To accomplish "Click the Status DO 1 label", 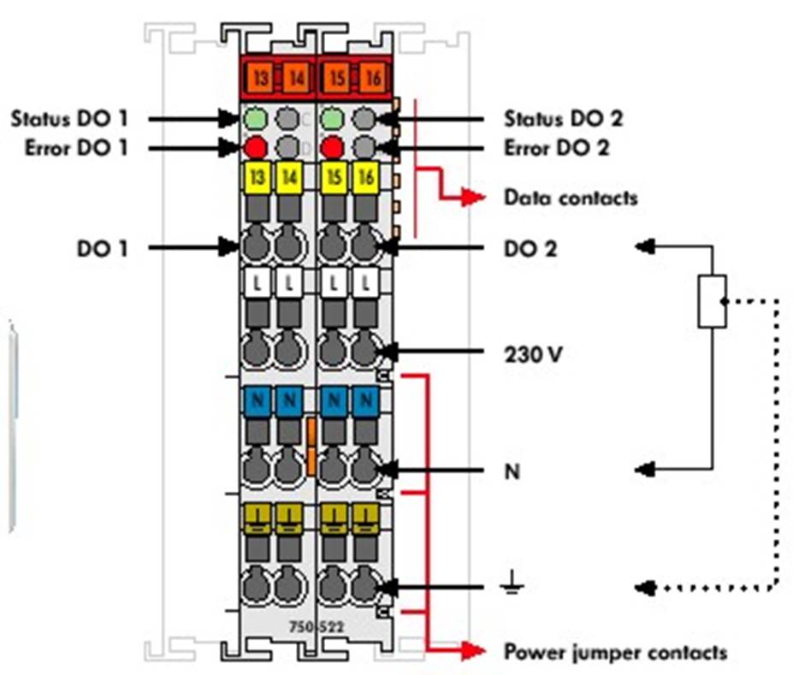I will (68, 118).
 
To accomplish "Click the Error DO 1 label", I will (68, 148).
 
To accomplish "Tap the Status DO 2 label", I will (563, 118).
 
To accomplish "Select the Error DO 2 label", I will (557, 148).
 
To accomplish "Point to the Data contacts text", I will (571, 198).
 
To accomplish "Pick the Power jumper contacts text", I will (615, 653).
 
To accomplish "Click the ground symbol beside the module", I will (512, 587).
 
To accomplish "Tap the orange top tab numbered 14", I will (296, 77).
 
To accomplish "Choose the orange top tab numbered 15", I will (336, 77).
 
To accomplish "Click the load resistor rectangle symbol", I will (712, 301).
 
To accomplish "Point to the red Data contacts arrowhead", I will (472, 198).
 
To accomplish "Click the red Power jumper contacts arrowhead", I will (472, 651).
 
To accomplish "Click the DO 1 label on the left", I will (101, 248).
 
